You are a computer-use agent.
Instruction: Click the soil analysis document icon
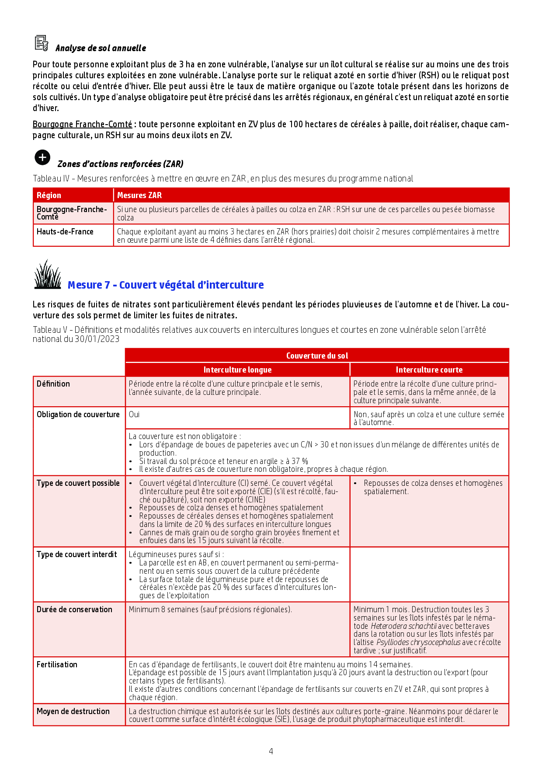[42, 43]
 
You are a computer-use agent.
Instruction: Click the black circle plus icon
[42, 157]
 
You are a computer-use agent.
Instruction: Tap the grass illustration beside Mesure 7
[48, 275]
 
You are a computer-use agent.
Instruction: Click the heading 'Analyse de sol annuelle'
[101, 48]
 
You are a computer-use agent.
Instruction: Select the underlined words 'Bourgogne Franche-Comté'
[82, 124]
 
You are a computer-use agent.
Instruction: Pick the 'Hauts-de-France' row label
[65, 232]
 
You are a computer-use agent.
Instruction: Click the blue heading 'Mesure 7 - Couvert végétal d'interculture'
[166, 285]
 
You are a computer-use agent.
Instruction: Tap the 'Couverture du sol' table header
[317, 356]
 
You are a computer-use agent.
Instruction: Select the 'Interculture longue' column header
[237, 370]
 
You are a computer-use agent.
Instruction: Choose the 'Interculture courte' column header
[429, 370]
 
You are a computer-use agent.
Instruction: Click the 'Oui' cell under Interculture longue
[134, 414]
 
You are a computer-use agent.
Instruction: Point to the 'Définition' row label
[53, 384]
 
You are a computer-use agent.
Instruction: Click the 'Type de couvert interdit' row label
[77, 554]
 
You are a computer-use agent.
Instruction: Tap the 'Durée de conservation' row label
[74, 610]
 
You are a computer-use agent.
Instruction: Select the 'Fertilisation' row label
[57, 665]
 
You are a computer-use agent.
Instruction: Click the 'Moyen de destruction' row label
[73, 711]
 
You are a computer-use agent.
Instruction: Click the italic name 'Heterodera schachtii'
[403, 626]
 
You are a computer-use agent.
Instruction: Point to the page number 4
[271, 751]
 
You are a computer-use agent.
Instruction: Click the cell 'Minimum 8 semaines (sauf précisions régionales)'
[210, 610]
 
